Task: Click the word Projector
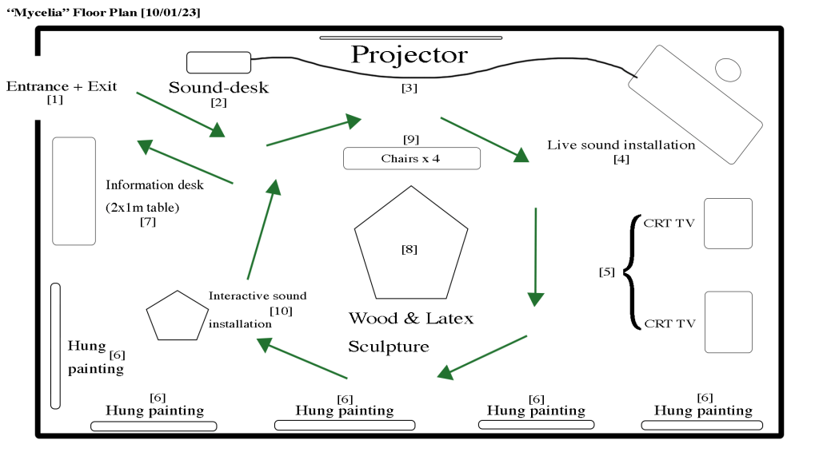[409, 55]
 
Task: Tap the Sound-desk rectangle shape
[218, 62]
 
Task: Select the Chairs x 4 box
[411, 158]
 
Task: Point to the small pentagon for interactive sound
[177, 316]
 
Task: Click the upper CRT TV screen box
[728, 224]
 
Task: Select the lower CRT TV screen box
[728, 322]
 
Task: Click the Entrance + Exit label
[61, 86]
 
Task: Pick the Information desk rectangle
[74, 191]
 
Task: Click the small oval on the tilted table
[727, 69]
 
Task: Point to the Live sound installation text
[621, 145]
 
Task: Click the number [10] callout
[281, 310]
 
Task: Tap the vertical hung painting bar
[55, 345]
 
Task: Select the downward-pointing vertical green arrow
[535, 256]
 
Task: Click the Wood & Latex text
[410, 319]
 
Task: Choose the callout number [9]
[411, 139]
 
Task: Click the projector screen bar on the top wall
[411, 38]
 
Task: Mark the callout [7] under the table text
[148, 222]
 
